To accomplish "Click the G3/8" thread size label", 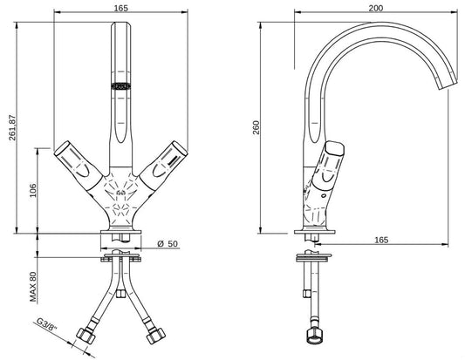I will tap(52, 328).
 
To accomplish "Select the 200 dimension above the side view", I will tap(375, 7).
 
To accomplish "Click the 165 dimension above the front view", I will tap(120, 7).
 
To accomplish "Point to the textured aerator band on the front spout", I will tap(120, 85).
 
